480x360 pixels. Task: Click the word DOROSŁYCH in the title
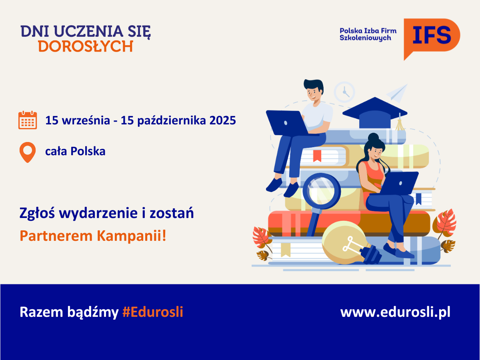pos(86,46)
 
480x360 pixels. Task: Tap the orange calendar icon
pos(28,120)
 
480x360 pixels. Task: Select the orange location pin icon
pos(28,152)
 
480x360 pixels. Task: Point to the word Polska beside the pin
pos(88,151)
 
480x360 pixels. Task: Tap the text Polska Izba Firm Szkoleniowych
pos(368,34)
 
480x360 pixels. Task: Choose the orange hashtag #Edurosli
pos(153,312)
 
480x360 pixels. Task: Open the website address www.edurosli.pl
pos(395,312)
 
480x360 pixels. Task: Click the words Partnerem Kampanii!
pos(93,236)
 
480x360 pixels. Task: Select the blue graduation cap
pos(375,113)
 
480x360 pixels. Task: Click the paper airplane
pos(397,93)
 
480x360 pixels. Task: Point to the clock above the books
pos(344,92)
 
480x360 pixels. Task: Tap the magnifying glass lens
pos(322,191)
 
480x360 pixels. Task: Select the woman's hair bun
pos(373,138)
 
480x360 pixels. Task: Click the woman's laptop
pos(396,183)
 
